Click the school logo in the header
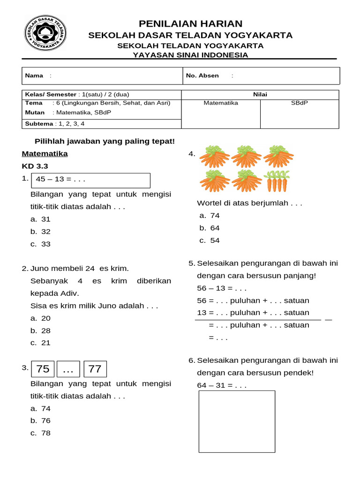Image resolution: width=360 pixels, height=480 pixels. [45, 33]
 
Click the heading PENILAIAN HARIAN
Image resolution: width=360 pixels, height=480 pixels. [191, 23]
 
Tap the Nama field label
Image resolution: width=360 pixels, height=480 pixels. [34, 75]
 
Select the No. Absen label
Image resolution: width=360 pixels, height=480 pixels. [202, 75]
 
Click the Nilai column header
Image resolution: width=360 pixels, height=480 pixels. [260, 95]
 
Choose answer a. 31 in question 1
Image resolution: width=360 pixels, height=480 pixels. [41, 219]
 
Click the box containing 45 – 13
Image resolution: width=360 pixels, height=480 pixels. [90, 180]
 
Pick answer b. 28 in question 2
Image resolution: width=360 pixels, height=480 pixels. [41, 330]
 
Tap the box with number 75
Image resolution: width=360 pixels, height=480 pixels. [43, 369]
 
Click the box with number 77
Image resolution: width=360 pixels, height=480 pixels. [95, 369]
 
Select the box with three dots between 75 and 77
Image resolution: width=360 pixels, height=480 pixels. [68, 369]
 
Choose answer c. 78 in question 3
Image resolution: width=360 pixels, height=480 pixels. [41, 433]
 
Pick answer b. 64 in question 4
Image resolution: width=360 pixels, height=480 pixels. [210, 228]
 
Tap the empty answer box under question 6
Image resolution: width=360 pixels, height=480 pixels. [237, 421]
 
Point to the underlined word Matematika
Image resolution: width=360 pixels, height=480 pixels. [45, 154]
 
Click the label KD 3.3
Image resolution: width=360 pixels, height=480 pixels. [35, 166]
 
